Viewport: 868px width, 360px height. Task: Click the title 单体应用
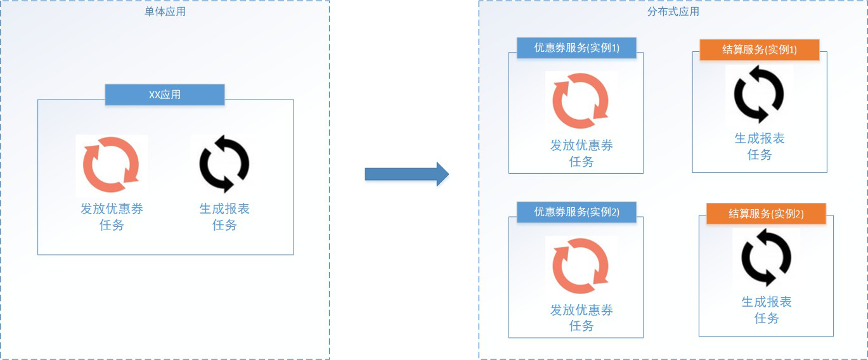tap(165, 11)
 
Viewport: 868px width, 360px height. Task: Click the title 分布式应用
tap(673, 11)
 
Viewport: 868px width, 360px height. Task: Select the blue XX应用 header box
tap(164, 95)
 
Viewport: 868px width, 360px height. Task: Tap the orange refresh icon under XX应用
tap(112, 164)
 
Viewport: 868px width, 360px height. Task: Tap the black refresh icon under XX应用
tap(224, 164)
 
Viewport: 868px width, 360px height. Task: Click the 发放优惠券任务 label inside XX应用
tap(112, 217)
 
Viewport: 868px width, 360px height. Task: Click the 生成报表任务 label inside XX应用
tap(224, 217)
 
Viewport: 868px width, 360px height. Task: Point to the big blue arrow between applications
tap(406, 174)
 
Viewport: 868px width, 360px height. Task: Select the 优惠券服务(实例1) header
tap(576, 48)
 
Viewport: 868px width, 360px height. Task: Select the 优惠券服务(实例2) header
tap(576, 212)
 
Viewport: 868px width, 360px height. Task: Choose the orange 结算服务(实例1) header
tap(760, 49)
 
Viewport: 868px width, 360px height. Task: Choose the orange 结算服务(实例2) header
tap(766, 214)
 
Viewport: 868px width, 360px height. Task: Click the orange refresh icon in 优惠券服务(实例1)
tap(581, 101)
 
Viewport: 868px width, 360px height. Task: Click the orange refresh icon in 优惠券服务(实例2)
tap(581, 266)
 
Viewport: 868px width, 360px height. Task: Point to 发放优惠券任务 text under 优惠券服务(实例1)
tap(581, 153)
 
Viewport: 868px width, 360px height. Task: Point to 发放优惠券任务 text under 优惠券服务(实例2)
tap(581, 318)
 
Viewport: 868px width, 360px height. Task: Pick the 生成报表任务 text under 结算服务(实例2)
tap(767, 310)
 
